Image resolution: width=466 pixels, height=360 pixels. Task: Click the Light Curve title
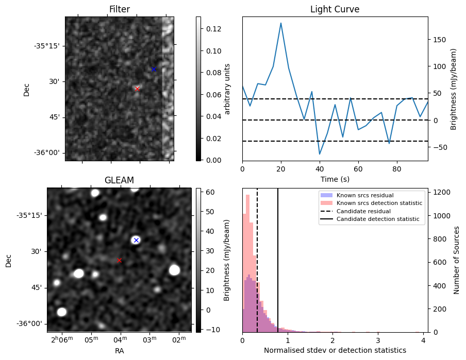point(335,9)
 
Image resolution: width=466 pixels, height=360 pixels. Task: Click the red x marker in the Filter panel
point(137,89)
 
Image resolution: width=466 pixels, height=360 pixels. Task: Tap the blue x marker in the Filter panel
point(154,69)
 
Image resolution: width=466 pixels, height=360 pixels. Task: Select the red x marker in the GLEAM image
point(119,260)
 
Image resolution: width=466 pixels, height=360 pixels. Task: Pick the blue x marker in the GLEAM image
point(136,240)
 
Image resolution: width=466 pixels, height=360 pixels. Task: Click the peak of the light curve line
point(281,23)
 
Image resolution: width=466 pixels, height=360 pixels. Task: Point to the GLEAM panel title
point(119,180)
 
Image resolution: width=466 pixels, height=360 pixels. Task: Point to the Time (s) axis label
point(335,178)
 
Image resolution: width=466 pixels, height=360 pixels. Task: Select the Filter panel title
point(119,9)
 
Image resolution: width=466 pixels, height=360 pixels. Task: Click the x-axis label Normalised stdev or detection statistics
point(335,350)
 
